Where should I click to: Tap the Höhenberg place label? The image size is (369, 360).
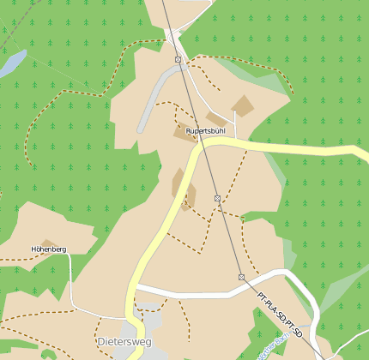[x=48, y=249]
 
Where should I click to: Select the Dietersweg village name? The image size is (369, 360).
[x=124, y=341]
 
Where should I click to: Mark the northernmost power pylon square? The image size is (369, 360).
[x=178, y=59]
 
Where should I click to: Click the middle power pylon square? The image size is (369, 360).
[x=218, y=198]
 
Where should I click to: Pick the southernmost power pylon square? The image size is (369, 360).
[x=242, y=277]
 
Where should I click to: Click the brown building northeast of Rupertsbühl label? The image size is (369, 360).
[x=243, y=106]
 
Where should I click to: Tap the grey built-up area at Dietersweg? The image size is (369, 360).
[x=142, y=329]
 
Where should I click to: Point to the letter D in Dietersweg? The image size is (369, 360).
[x=101, y=341]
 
